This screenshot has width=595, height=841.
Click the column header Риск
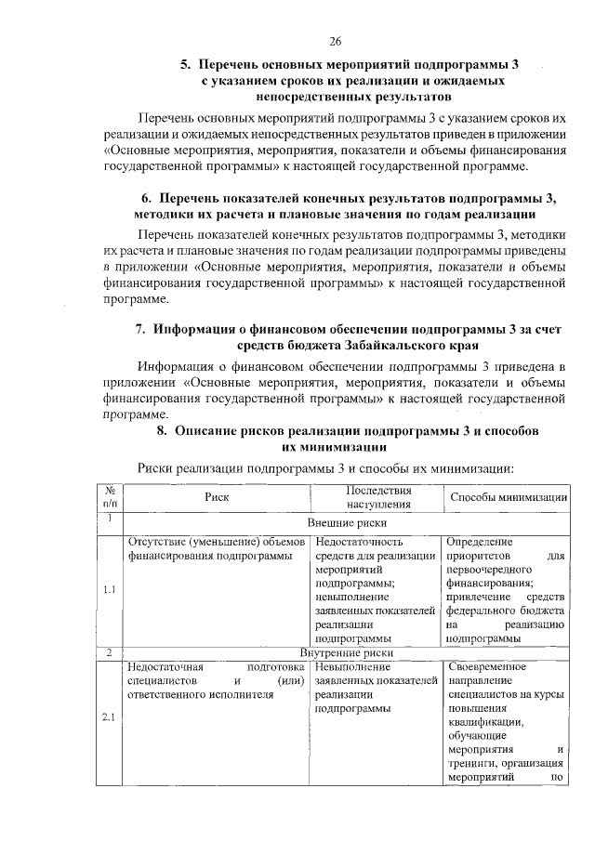pyautogui.click(x=217, y=497)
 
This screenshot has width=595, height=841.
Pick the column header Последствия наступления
pyautogui.click(x=377, y=497)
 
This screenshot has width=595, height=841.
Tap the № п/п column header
pyautogui.click(x=109, y=497)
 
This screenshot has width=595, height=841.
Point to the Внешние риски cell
pyautogui.click(x=346, y=523)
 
